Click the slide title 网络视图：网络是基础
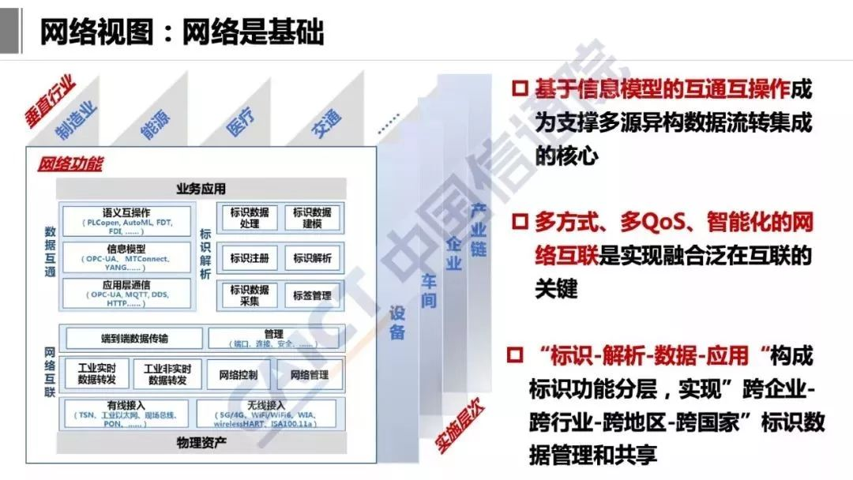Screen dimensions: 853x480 (x=182, y=33)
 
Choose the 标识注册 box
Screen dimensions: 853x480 (x=250, y=257)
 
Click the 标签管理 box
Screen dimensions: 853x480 (x=312, y=296)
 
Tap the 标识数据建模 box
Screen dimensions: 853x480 (x=312, y=218)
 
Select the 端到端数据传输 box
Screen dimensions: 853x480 (x=134, y=339)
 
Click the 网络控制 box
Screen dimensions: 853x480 (x=238, y=375)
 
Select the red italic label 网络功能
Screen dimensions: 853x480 (x=70, y=165)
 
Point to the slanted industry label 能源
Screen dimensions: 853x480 (x=154, y=125)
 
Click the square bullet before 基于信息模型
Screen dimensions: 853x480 (x=518, y=88)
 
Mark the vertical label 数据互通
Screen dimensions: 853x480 (x=50, y=252)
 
